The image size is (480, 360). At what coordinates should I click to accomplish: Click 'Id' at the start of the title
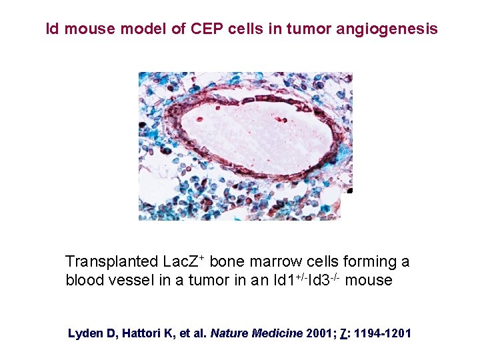51,29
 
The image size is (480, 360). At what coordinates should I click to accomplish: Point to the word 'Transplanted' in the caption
111,261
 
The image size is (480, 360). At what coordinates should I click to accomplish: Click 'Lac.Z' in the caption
183,261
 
